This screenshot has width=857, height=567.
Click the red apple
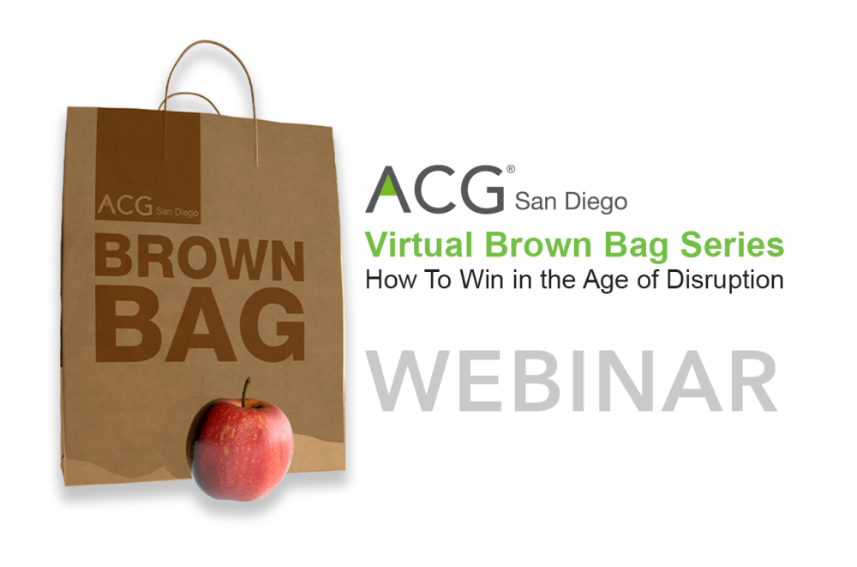point(241,448)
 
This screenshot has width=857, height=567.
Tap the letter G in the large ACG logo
point(479,190)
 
